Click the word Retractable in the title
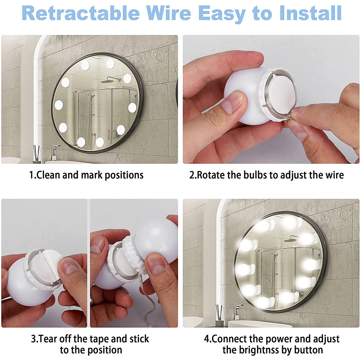click(x=81, y=13)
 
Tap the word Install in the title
click(x=310, y=13)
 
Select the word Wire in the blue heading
click(x=168, y=13)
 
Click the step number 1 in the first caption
click(x=31, y=175)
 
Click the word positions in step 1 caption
click(x=124, y=175)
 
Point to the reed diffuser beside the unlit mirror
click(x=36, y=154)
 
